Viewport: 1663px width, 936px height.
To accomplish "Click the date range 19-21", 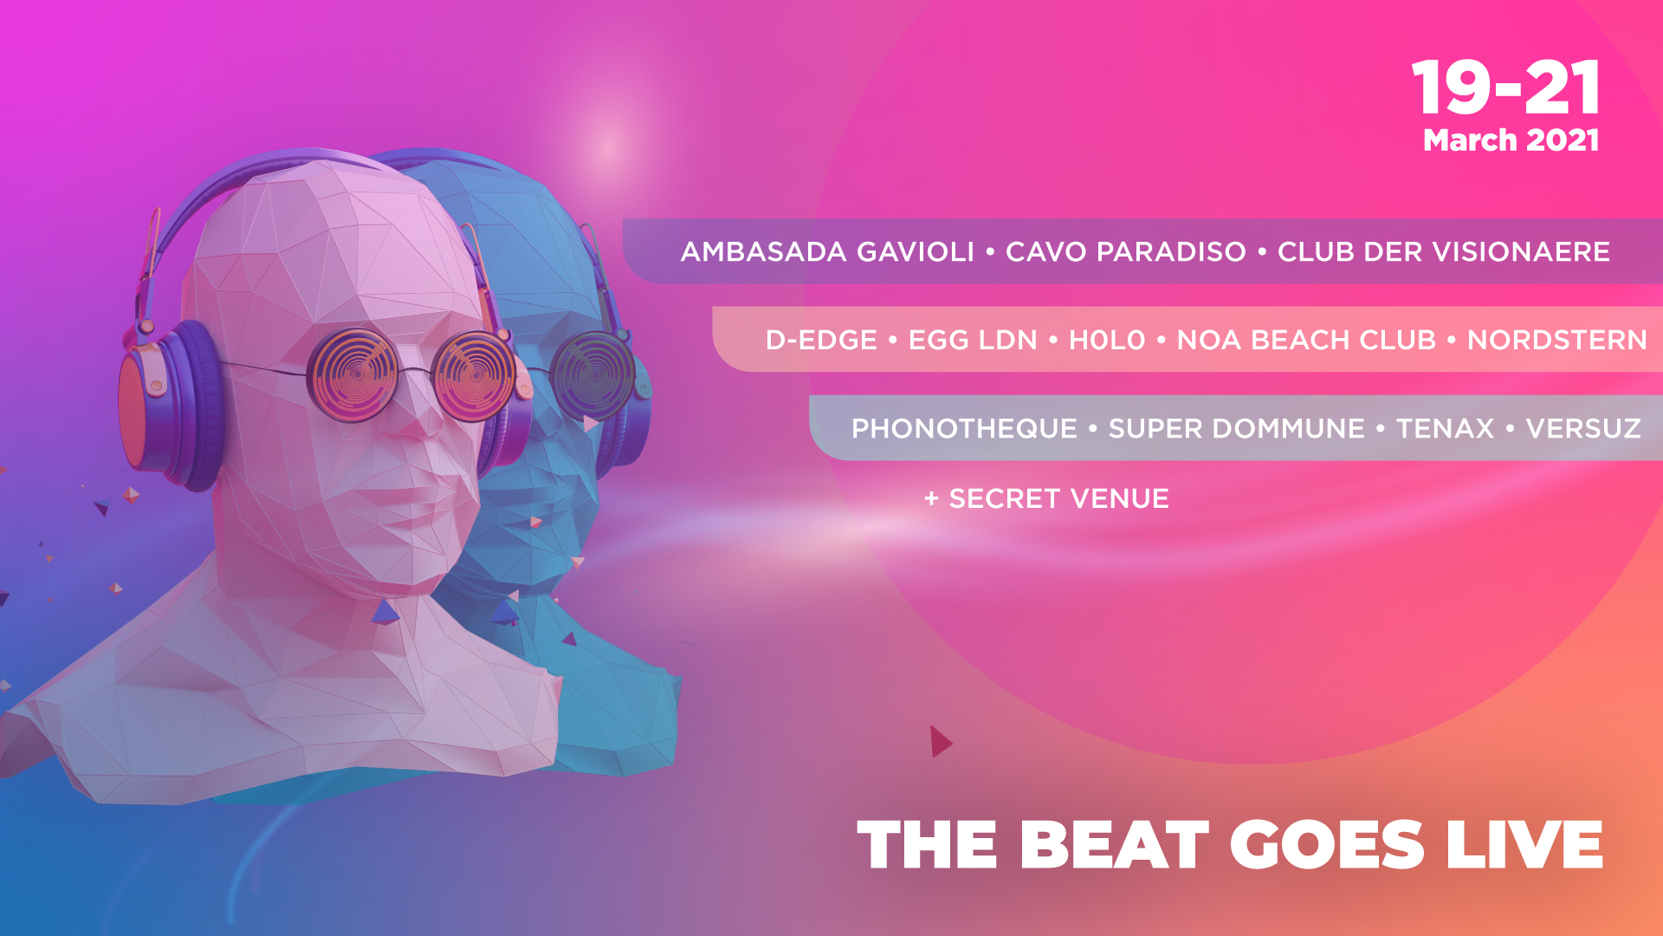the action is (x=1506, y=88).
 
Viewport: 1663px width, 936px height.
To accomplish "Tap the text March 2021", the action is (x=1511, y=140).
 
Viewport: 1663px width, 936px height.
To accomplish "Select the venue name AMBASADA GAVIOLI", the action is (x=827, y=251).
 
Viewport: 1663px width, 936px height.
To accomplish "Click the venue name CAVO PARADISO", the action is (x=1126, y=251).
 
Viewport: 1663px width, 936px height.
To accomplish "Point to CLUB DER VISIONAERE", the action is (x=1444, y=251).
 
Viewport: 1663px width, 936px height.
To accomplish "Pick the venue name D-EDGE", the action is (x=821, y=340).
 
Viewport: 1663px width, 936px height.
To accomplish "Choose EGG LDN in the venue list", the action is (x=973, y=340).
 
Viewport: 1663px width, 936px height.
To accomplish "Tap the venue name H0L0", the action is (x=1107, y=340).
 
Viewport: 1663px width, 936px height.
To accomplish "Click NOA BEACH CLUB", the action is (x=1306, y=340).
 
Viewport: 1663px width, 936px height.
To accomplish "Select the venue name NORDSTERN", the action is (x=1557, y=340).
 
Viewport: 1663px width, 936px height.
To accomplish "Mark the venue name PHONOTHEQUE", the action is (x=964, y=428).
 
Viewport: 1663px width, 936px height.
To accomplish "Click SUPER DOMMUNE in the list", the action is (x=1237, y=428).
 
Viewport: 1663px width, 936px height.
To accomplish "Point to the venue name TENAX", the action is (x=1446, y=428).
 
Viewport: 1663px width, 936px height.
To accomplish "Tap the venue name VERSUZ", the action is (x=1583, y=428).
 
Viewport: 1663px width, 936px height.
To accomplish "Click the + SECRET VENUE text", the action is (x=1046, y=498).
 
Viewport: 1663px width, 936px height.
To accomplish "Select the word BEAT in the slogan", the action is (x=1115, y=844).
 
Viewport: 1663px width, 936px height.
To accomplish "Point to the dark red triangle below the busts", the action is (x=941, y=741).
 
